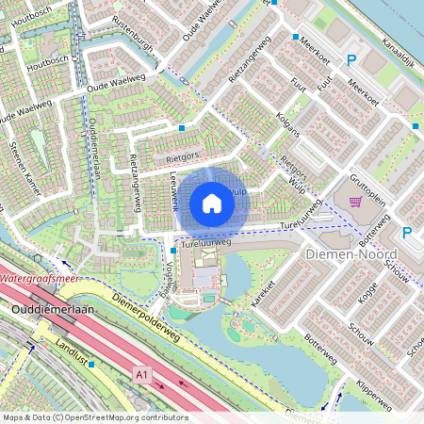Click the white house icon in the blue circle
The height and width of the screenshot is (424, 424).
pos(212,203)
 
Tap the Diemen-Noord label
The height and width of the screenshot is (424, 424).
pos(352,255)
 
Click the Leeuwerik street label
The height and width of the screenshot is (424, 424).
pos(173,195)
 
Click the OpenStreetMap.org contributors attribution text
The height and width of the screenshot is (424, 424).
pos(136,416)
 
